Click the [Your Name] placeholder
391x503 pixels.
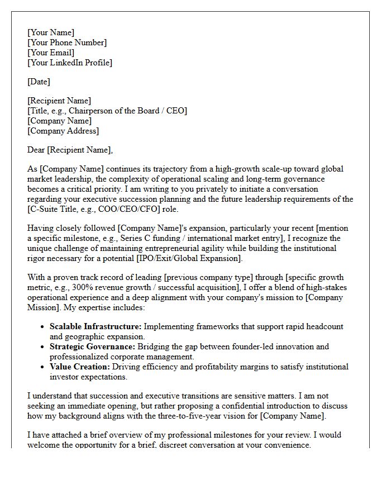coord(51,32)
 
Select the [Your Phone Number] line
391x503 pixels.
coord(67,42)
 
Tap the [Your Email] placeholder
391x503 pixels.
coord(51,53)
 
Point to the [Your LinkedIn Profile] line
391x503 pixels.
coord(70,63)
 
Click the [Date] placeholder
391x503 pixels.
coord(39,82)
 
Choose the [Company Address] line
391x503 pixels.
coord(63,131)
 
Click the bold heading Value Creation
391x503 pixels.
coord(79,367)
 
